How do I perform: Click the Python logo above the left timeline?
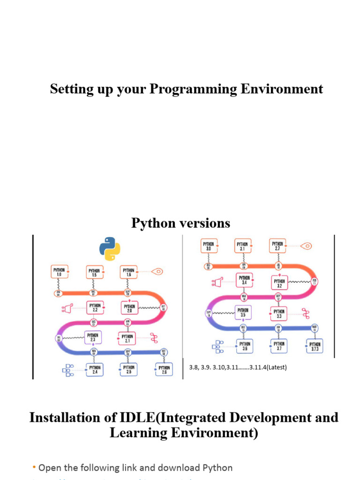click(x=110, y=248)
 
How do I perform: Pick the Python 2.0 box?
click(x=129, y=308)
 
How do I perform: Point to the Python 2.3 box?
click(x=92, y=337)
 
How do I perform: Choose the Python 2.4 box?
click(x=94, y=370)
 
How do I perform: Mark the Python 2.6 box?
click(x=164, y=370)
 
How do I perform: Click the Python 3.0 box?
click(x=209, y=246)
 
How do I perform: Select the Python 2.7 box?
click(x=277, y=246)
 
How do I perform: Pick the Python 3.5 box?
click(x=243, y=312)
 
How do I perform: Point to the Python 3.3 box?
click(x=278, y=313)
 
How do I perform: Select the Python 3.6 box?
click(x=245, y=346)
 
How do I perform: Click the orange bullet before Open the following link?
click(x=34, y=467)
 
